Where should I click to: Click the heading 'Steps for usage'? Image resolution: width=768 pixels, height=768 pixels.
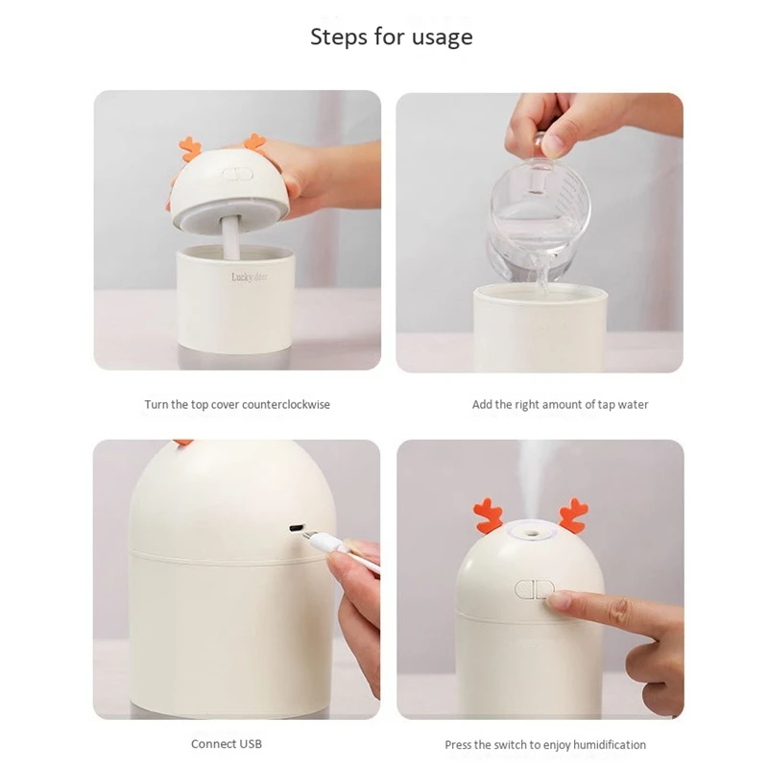[392, 36]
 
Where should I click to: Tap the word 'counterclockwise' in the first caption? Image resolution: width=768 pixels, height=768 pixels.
[285, 404]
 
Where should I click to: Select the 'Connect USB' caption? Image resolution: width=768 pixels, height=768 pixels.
[227, 744]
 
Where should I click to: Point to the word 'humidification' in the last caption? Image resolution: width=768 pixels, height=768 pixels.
[610, 745]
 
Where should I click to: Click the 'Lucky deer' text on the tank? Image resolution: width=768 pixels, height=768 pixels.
[250, 277]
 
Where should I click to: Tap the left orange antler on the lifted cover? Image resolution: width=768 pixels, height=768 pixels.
[190, 149]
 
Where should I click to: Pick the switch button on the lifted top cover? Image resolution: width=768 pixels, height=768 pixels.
[237, 174]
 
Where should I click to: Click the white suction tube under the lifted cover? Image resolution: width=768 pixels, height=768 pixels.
[230, 238]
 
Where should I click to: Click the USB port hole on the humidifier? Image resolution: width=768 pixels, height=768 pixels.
[296, 529]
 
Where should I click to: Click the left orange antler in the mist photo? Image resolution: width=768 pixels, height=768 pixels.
[489, 516]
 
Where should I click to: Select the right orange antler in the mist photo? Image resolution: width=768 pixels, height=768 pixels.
[573, 516]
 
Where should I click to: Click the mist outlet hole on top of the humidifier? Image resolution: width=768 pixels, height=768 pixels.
[531, 530]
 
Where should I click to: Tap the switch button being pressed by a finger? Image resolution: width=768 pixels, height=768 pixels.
[535, 589]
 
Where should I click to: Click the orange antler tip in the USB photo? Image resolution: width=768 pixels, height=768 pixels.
[182, 443]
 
